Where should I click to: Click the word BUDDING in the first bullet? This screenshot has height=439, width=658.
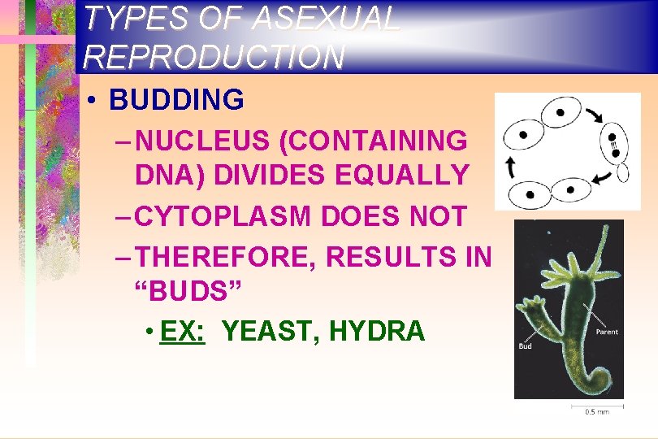tap(176, 100)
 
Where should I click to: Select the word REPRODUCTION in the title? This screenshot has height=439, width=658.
tap(214, 56)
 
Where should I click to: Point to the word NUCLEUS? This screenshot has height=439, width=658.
tap(204, 141)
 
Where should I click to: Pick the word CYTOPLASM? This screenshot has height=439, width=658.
tap(223, 216)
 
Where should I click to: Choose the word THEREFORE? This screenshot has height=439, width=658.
tap(227, 257)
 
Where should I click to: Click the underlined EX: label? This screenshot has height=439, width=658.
tap(183, 331)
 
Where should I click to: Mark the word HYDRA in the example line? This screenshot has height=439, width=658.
tap(377, 331)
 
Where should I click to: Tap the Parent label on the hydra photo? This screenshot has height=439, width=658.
tap(606, 332)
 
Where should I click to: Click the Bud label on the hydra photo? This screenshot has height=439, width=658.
tap(526, 346)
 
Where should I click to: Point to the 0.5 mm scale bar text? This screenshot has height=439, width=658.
tap(597, 412)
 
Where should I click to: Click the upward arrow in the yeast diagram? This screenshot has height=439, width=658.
tap(511, 167)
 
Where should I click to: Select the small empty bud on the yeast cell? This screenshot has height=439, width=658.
tap(623, 173)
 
